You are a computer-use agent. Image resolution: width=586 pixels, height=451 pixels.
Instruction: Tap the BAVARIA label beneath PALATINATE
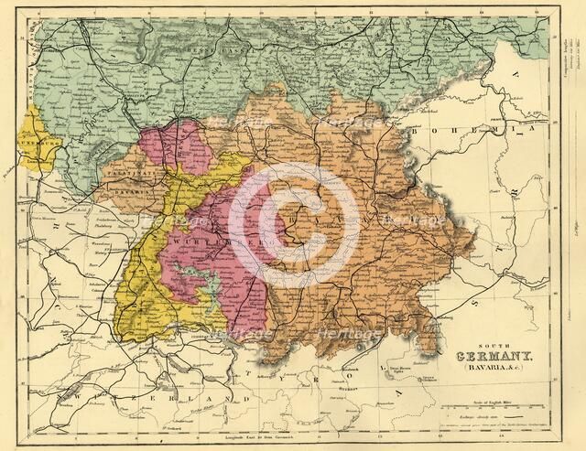coord(127,192)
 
